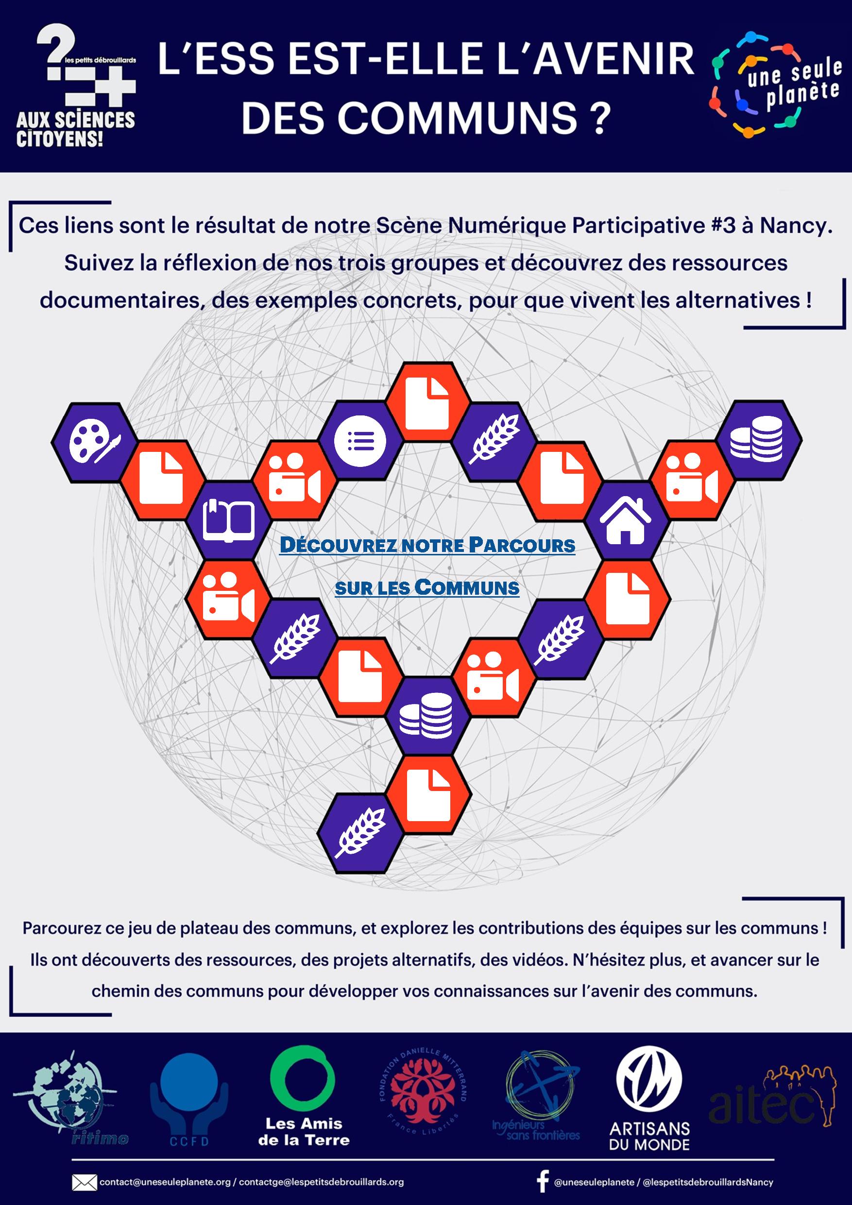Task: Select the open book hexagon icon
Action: point(229,520)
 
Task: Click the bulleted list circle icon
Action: point(360,441)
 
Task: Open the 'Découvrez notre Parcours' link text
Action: point(427,545)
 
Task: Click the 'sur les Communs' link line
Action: point(427,588)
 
